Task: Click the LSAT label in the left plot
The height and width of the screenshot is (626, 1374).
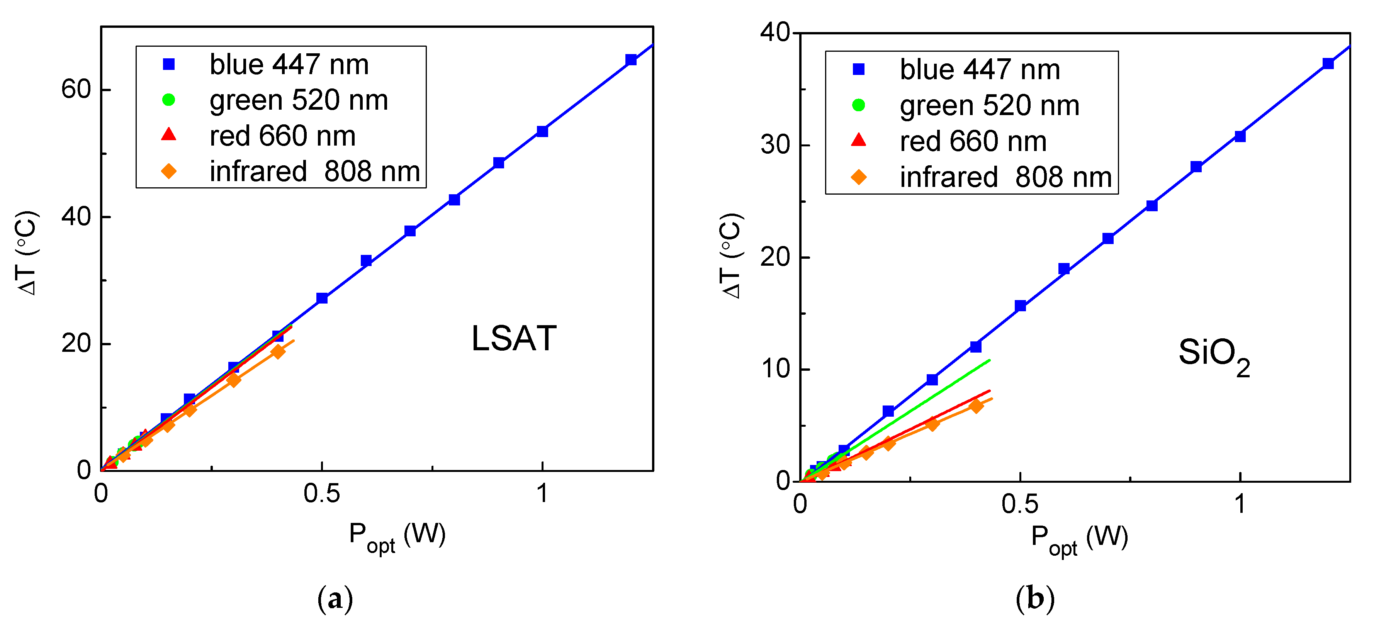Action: (514, 339)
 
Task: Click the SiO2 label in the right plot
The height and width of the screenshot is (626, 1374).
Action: (1213, 354)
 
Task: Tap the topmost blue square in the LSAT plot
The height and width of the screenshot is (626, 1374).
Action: (631, 60)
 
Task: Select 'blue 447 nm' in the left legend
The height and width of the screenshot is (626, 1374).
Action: (289, 64)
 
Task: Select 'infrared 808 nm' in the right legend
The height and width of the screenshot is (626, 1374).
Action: (1005, 177)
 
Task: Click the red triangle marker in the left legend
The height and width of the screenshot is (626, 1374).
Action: (168, 135)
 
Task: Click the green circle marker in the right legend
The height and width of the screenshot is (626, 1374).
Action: (858, 105)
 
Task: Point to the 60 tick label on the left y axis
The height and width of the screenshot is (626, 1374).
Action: (76, 89)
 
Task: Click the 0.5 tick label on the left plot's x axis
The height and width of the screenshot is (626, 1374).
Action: (322, 494)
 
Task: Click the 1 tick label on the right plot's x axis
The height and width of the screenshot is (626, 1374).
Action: (1240, 504)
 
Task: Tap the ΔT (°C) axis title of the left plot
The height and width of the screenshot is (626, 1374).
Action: (27, 253)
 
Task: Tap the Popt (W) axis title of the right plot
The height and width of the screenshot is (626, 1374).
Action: (1079, 539)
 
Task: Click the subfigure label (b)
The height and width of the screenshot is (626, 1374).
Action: (1035, 598)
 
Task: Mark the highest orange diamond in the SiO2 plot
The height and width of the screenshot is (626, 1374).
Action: (976, 406)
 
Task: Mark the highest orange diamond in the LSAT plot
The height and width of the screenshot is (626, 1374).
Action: (278, 352)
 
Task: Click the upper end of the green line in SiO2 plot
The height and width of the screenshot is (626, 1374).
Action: (989, 360)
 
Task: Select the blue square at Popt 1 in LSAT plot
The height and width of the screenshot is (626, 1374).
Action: (542, 131)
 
